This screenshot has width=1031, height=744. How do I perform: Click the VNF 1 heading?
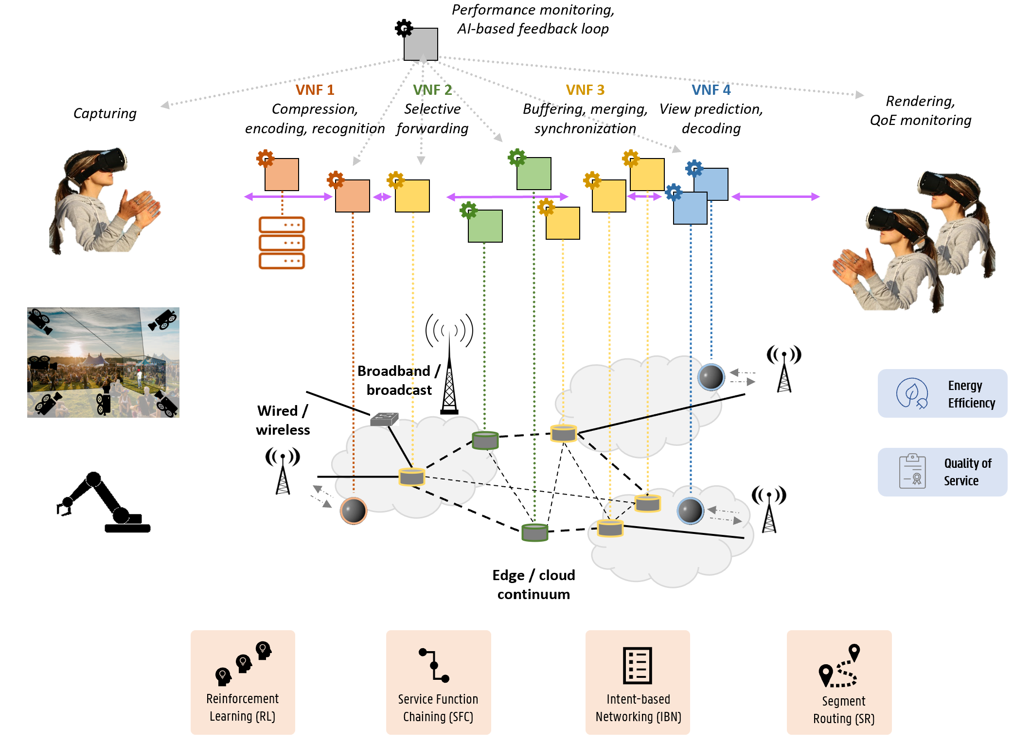point(315,90)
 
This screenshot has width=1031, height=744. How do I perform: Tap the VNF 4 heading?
point(711,90)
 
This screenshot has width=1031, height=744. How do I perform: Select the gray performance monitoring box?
point(421,44)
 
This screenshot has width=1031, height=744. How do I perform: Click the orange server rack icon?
point(282,243)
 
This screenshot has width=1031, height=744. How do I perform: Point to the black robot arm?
point(104,503)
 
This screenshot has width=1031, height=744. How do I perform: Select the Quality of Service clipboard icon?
point(912,471)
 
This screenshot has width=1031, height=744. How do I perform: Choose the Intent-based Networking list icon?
point(637,665)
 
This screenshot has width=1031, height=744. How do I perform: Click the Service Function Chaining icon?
point(434,665)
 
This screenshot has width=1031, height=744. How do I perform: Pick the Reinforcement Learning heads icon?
point(243,663)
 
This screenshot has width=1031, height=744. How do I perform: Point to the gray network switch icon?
point(384,419)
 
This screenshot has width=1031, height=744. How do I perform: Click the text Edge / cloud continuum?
point(533,585)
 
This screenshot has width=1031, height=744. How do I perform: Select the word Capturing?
point(105,113)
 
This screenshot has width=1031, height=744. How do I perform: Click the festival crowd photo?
point(103,362)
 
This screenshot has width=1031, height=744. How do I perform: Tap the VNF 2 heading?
point(432,90)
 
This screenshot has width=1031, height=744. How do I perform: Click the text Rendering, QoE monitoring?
point(921,110)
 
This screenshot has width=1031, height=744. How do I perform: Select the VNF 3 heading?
point(585,90)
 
